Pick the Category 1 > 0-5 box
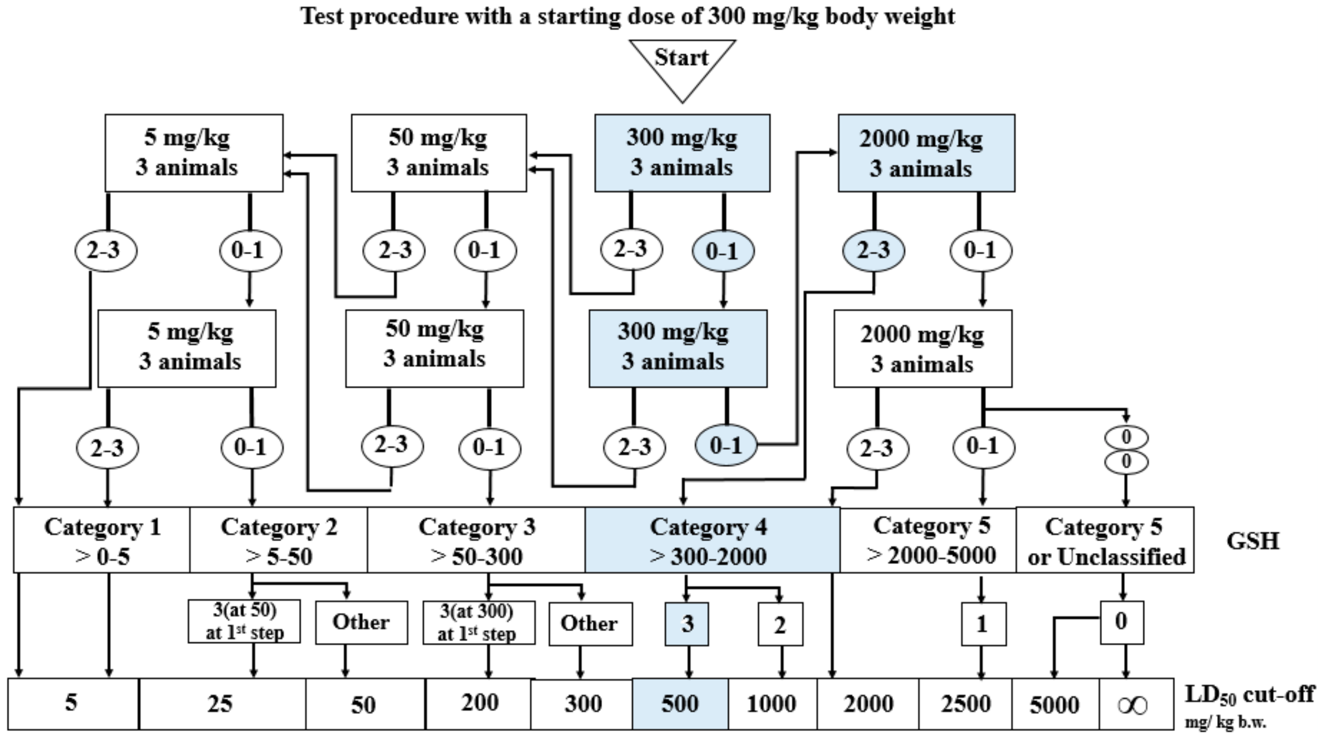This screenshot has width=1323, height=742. (x=102, y=541)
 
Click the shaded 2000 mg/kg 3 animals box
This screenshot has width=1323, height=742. (x=926, y=153)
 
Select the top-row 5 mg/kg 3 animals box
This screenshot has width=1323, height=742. (x=194, y=153)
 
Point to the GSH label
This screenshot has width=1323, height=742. (x=1252, y=541)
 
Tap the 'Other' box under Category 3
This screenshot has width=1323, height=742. (x=590, y=624)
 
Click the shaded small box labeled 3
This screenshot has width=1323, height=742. (x=687, y=624)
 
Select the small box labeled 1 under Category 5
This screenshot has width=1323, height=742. (x=983, y=624)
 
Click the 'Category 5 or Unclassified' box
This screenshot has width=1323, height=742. (x=1105, y=541)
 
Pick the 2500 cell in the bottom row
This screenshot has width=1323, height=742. (x=965, y=704)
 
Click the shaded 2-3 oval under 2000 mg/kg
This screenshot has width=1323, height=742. (x=873, y=251)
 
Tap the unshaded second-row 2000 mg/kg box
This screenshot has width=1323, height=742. (x=922, y=349)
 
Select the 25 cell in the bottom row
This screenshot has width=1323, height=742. (x=221, y=704)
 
